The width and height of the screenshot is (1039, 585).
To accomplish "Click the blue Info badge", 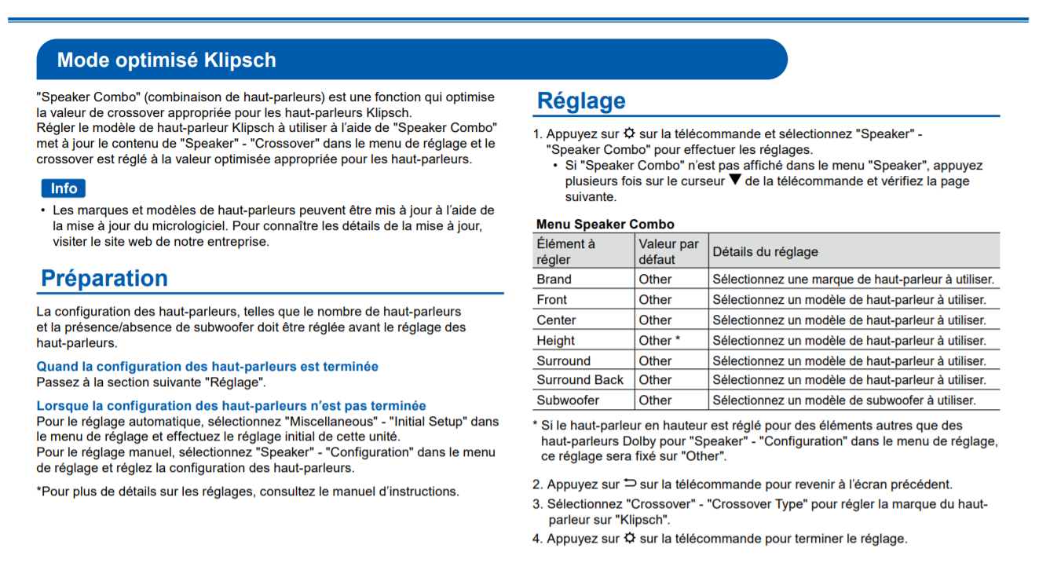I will [64, 188].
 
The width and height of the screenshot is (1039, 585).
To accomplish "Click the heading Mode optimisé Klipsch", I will [166, 60].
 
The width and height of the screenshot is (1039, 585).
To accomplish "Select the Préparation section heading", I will [104, 278].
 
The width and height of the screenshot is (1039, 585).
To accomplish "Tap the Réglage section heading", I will [581, 101].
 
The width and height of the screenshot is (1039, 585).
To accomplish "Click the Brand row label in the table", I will [554, 279].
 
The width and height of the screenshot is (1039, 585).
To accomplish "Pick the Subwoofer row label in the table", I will [568, 400].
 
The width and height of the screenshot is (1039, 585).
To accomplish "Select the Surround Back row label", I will [580, 379].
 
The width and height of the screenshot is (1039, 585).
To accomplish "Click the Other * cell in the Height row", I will [659, 341].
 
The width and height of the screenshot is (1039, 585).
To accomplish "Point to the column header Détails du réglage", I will [765, 251].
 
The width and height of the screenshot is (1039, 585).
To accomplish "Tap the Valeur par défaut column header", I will [668, 251].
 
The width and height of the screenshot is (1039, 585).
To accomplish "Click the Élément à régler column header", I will [565, 251].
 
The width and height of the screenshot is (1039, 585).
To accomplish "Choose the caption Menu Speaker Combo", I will [605, 225].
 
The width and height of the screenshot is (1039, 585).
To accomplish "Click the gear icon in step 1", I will [629, 133].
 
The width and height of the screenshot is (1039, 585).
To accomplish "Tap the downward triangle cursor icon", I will [734, 180].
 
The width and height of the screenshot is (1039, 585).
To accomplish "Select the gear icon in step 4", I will [630, 538].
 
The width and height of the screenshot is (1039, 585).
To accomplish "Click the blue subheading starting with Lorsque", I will [231, 406].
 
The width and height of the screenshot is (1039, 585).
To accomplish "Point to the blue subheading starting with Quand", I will [207, 367].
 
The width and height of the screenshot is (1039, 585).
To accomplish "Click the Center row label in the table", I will [556, 320].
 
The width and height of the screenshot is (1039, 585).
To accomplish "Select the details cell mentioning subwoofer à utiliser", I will [843, 400].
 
